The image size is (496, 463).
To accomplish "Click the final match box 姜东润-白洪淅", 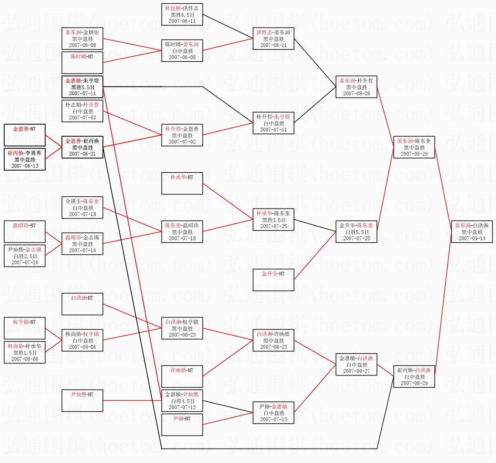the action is pos(472,231).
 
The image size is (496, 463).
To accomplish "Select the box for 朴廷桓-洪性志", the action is pos(182,14).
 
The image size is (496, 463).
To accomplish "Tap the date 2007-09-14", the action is pos(472,238).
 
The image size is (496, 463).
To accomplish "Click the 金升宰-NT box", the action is pos(273,280).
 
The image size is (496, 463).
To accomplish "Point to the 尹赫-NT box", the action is pos(182,424).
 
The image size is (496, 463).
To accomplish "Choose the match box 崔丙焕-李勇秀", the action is pos(25,159).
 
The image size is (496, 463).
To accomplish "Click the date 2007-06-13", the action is pos(25,166).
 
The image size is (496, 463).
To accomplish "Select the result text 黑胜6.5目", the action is pos(182,15).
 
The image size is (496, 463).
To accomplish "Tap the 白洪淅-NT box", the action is pos(82,304).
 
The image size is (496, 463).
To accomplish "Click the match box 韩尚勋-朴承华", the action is pos(25,352).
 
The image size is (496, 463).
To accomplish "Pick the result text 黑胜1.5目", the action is pos(25,352).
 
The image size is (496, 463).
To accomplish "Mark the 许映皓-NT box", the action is pos(182,377).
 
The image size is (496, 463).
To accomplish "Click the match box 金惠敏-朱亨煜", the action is pos(82,87).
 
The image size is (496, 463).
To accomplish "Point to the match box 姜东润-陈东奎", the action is pos(414,147).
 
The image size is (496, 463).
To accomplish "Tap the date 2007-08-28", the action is pos(356,94).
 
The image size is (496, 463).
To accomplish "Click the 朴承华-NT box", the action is pos(182,183).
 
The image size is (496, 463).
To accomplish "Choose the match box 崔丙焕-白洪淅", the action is pos(414,377).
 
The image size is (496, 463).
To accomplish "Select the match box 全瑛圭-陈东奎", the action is pos(82,208).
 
